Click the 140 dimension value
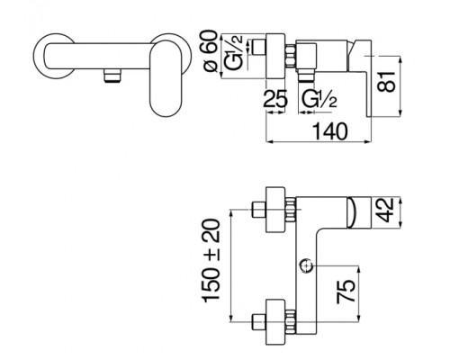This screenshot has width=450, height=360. click(x=330, y=131)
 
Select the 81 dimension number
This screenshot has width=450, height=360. click(x=387, y=82)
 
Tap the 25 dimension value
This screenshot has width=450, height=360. click(x=275, y=98)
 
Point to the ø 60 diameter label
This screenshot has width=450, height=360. click(x=211, y=51)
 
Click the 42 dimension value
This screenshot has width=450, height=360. click(x=386, y=210)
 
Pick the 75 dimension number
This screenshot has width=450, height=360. click(x=346, y=292)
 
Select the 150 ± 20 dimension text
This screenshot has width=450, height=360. click(x=211, y=261)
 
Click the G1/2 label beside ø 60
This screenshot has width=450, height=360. click(x=234, y=52)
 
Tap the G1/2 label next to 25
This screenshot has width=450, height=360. click(x=319, y=99)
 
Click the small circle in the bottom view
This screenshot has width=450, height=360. click(x=306, y=265)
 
